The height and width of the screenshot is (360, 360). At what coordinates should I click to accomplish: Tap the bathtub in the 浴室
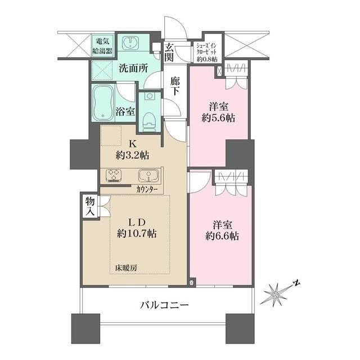pyautogui.click(x=103, y=103)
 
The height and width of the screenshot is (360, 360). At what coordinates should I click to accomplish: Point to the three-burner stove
pyautogui.click(x=114, y=175)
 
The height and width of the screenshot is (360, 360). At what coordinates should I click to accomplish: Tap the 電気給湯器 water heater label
pyautogui.click(x=102, y=46)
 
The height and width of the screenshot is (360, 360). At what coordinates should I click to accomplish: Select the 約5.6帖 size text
pyautogui.click(x=218, y=118)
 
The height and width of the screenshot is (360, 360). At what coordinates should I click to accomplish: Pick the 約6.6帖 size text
pyautogui.click(x=222, y=236)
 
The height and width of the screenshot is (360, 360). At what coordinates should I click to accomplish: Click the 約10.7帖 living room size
pyautogui.click(x=137, y=233)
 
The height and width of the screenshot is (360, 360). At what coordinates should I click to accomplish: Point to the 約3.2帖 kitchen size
pyautogui.click(x=133, y=156)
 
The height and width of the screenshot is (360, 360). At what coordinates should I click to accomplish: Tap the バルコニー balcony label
pyautogui.click(x=165, y=305)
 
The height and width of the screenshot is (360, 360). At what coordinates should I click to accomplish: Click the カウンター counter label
pyautogui.click(x=147, y=190)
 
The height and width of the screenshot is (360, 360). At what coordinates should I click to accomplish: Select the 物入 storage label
pyautogui.click(x=90, y=206)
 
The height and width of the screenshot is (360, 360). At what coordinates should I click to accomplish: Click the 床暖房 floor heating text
pyautogui.click(x=126, y=268)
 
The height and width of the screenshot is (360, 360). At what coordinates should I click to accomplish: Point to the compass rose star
pyautogui.click(x=275, y=295)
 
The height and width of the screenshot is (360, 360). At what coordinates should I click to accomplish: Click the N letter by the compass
pyautogui.click(x=297, y=283)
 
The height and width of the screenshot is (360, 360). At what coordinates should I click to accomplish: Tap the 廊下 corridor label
pyautogui.click(x=175, y=86)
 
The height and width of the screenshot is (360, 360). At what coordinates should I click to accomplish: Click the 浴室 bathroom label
pyautogui.click(x=125, y=111)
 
